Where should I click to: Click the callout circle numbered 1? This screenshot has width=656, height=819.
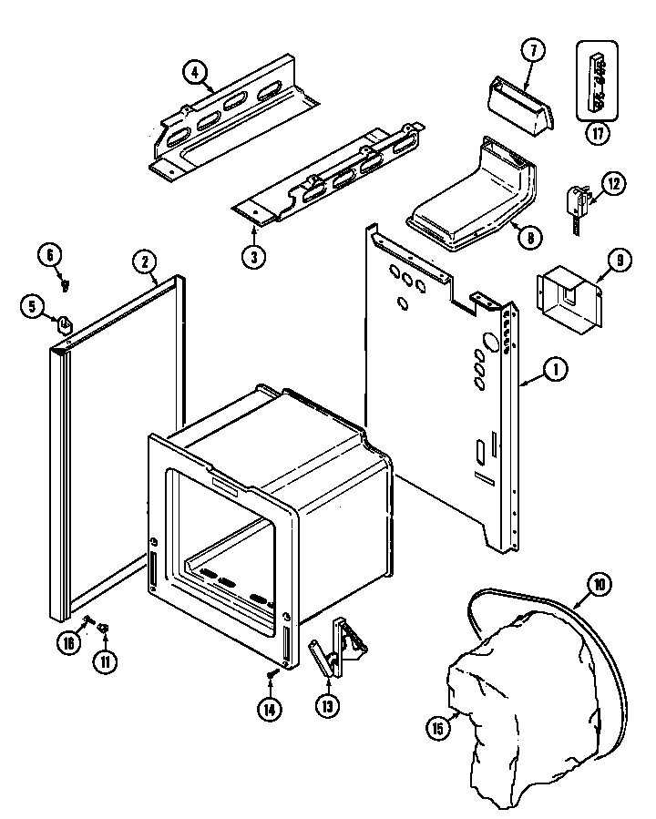click(556, 370)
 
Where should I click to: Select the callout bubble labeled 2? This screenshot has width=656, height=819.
click(144, 261)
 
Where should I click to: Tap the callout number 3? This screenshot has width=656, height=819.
click(254, 258)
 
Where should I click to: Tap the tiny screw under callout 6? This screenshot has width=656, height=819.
click(65, 284)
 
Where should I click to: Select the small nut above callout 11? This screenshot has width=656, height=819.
click(104, 627)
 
